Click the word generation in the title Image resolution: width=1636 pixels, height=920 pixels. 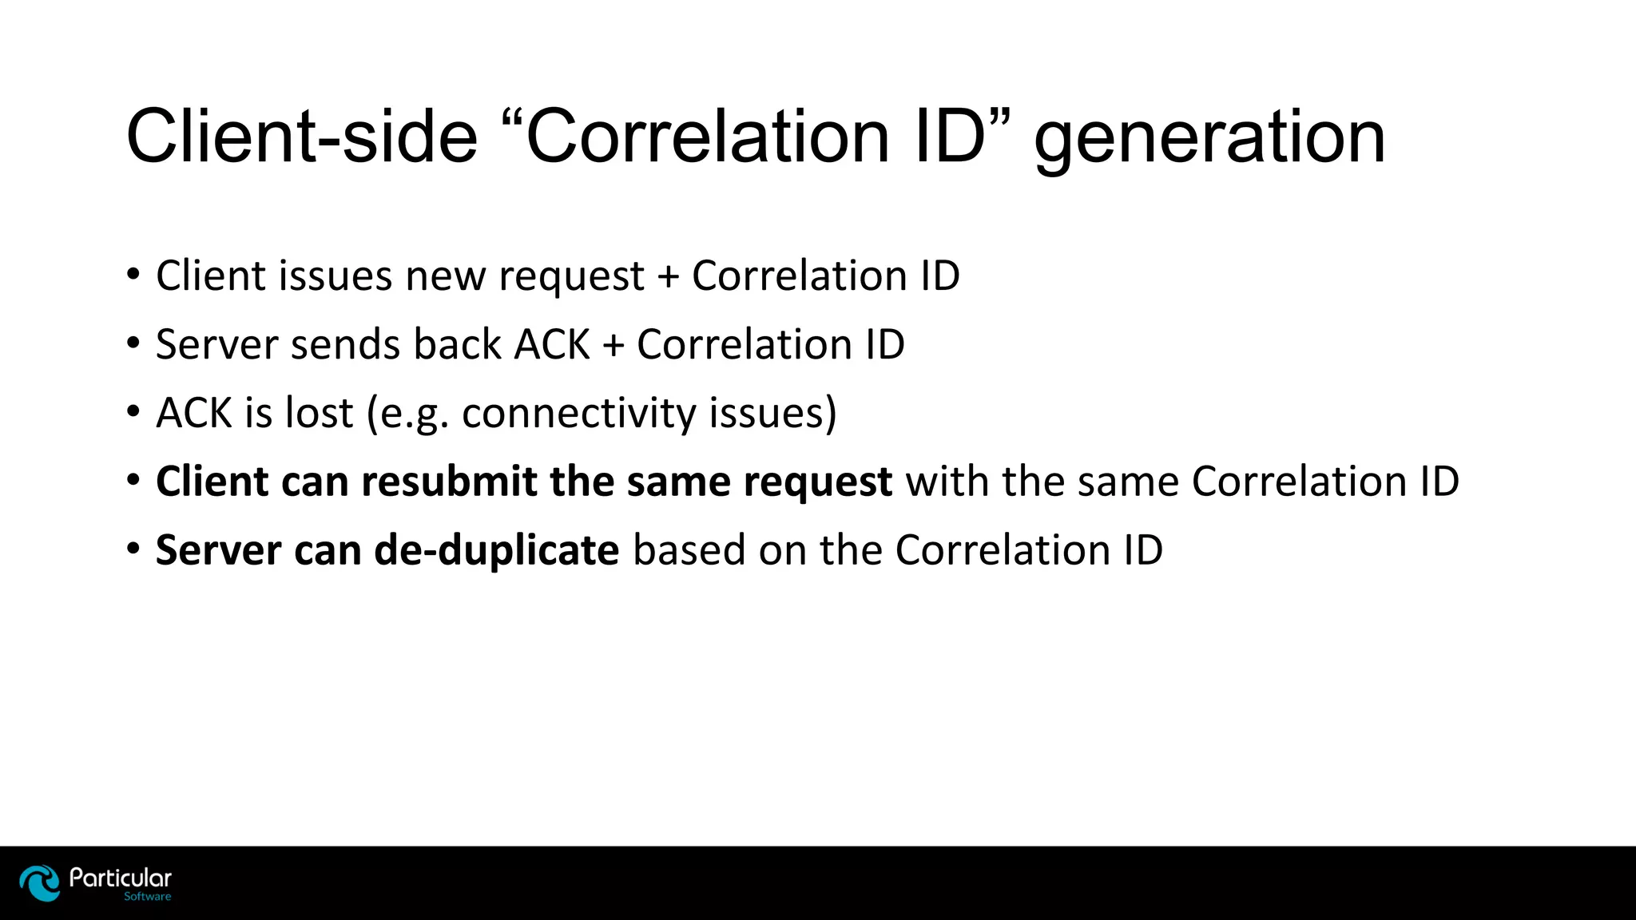(x=1209, y=139)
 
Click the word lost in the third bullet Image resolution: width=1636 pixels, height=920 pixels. (x=320, y=414)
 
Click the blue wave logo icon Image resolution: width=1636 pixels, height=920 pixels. (x=40, y=882)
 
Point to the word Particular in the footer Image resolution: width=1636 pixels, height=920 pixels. (x=121, y=878)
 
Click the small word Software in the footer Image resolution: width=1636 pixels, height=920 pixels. (x=147, y=897)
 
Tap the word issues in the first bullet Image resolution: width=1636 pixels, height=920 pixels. (x=335, y=276)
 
